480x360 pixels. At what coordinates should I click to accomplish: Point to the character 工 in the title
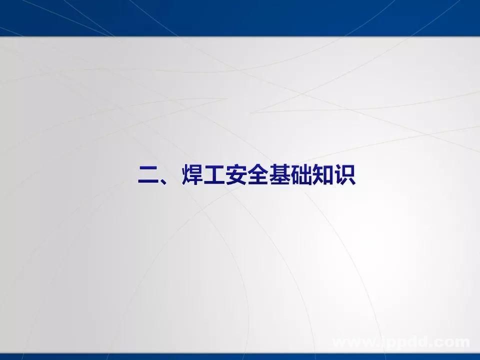click(216, 175)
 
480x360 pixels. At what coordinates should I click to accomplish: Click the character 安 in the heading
click(239, 175)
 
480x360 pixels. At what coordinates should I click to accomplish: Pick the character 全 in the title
click(262, 175)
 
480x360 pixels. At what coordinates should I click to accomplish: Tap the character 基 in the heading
click(285, 175)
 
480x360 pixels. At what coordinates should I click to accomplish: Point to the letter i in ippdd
click(383, 342)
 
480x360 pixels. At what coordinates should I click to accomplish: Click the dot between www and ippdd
click(378, 345)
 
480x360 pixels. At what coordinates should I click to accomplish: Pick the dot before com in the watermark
click(431, 345)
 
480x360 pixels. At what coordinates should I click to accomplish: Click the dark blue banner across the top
click(240, 17)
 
